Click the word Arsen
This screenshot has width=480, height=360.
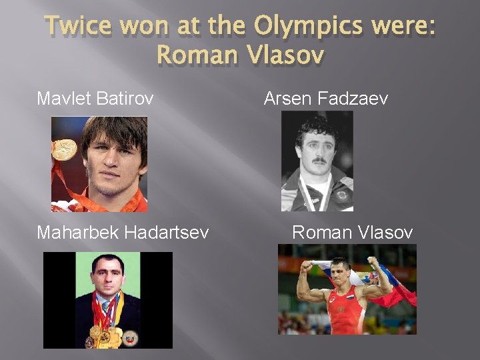pos(287,99)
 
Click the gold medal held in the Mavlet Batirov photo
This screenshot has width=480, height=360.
pos(65,149)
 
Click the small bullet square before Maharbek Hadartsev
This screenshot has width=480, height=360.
pos(30,233)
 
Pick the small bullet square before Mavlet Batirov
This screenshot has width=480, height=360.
pos(30,99)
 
